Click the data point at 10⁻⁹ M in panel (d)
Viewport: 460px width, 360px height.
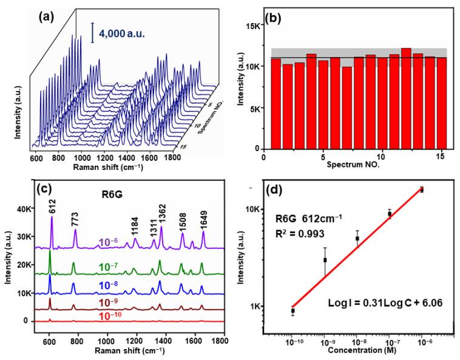pyautogui.click(x=325, y=260)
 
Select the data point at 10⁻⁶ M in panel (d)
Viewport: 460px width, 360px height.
pyautogui.click(x=422, y=190)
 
